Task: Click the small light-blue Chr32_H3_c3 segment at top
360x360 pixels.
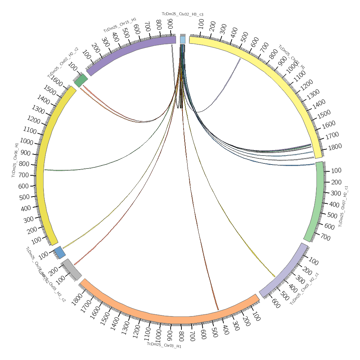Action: (183, 40)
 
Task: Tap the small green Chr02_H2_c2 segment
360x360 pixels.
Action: (81, 81)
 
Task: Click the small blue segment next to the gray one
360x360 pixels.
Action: (60, 253)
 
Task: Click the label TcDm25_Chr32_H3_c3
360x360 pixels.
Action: (183, 14)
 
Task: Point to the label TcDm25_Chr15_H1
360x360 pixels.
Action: (120, 25)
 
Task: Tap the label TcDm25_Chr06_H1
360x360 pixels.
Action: (15, 160)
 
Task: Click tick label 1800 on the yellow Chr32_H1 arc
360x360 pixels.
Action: (335, 147)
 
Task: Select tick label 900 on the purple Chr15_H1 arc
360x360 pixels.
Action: (170, 23)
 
